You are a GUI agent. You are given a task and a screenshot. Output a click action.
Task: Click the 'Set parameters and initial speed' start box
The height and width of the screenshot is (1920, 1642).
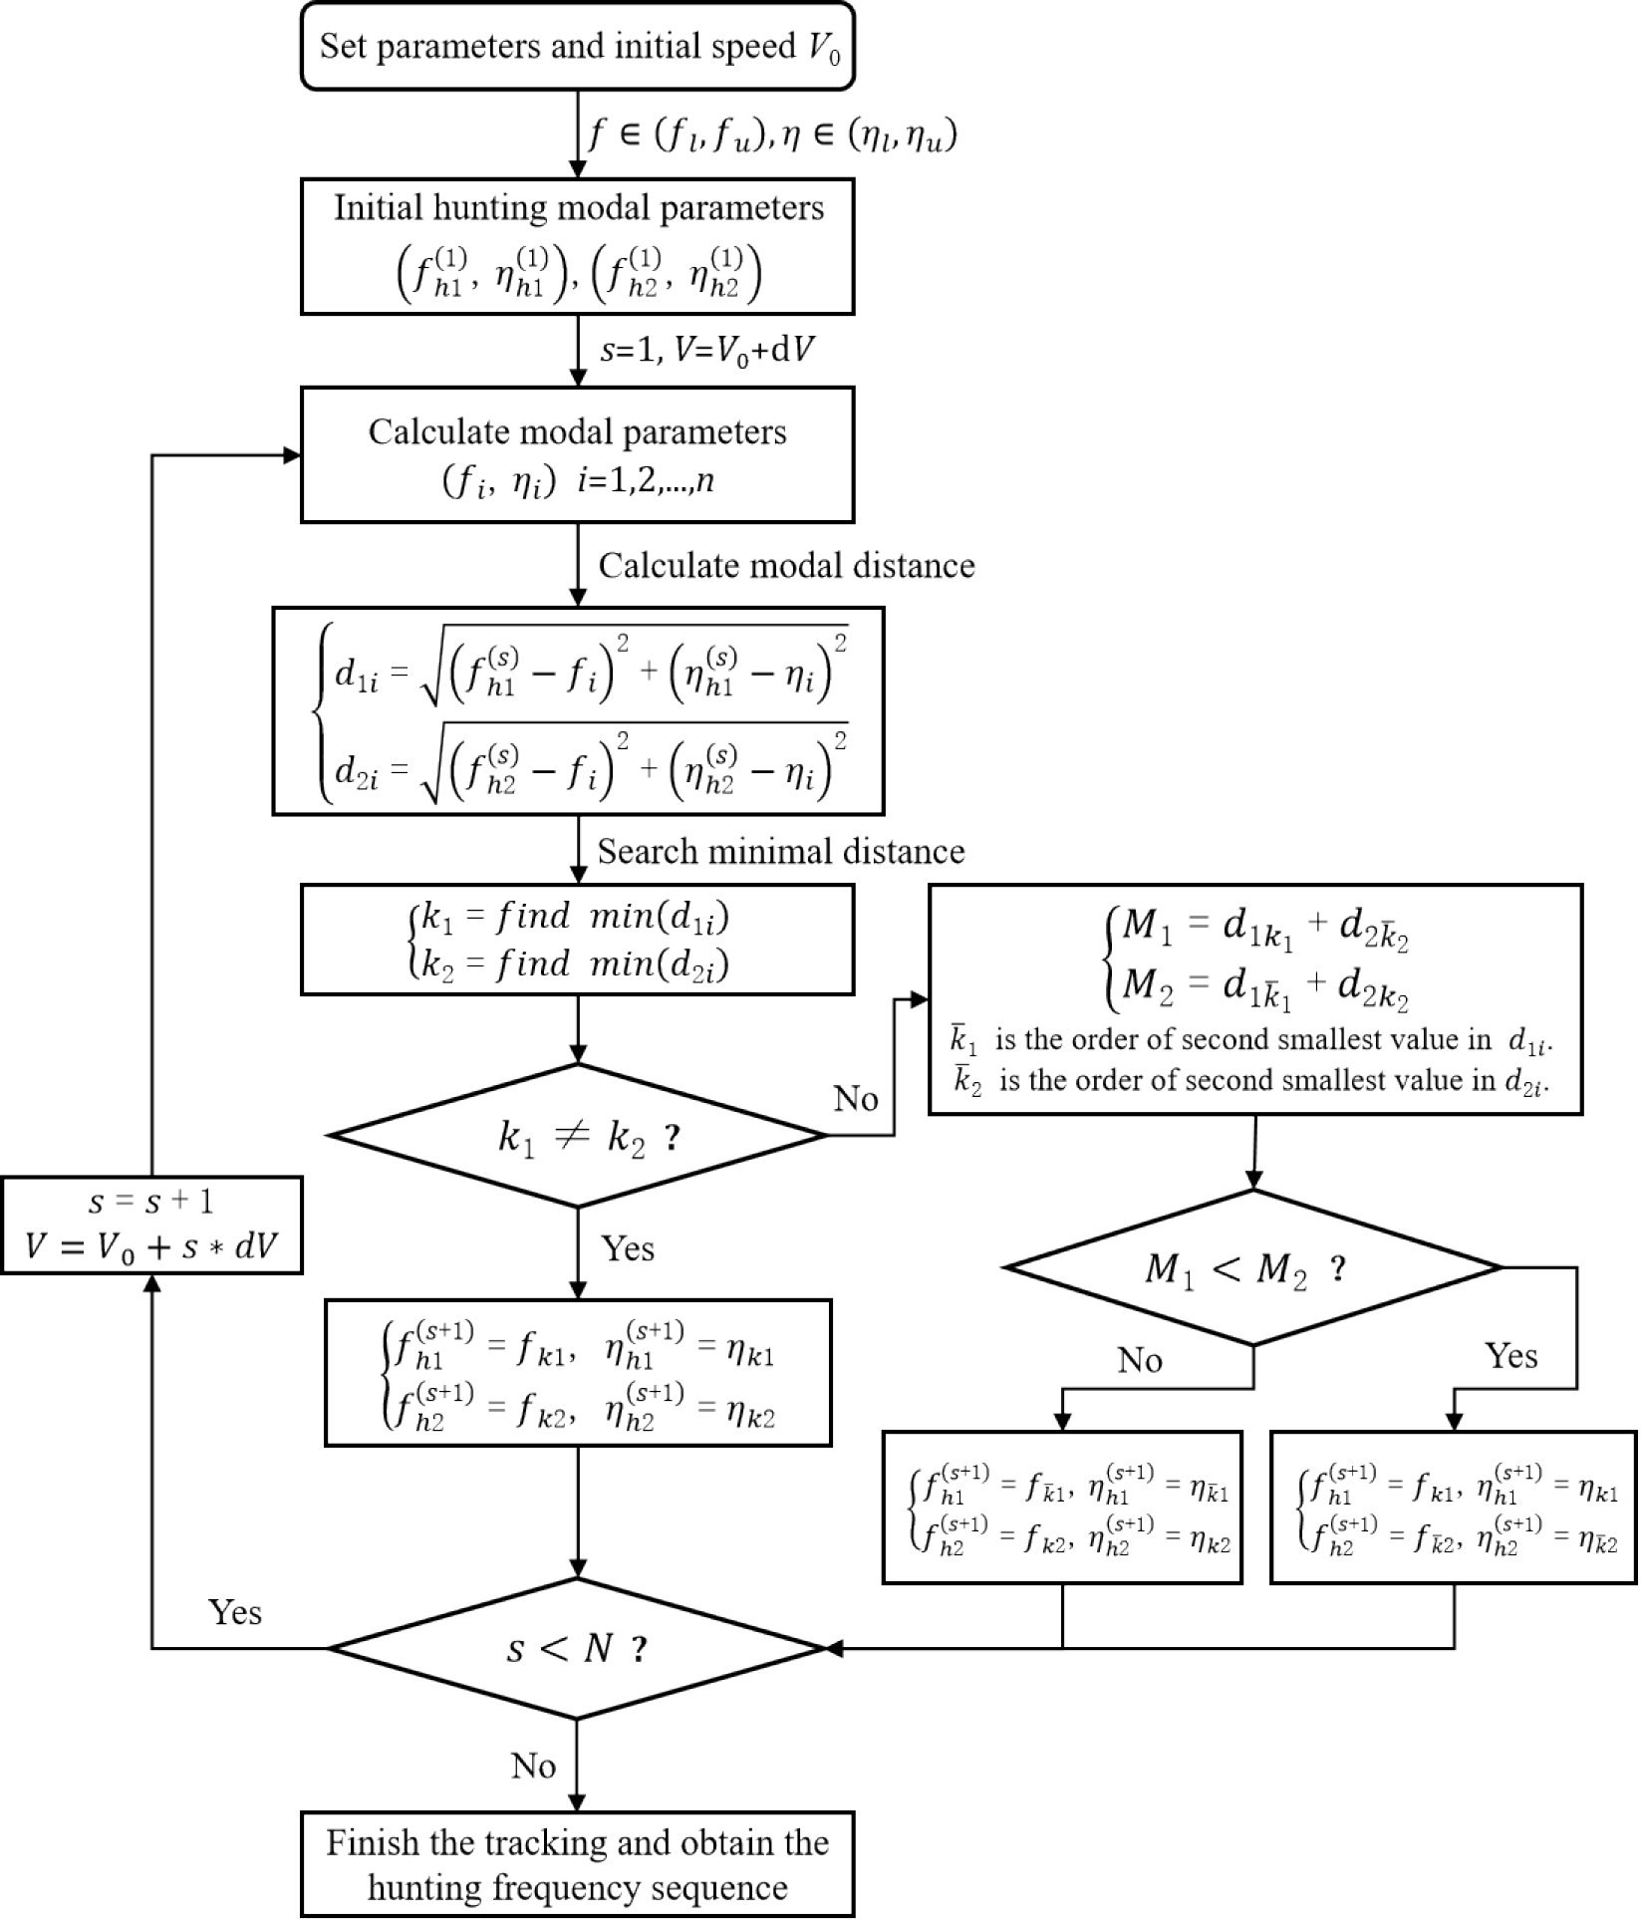pos(577,47)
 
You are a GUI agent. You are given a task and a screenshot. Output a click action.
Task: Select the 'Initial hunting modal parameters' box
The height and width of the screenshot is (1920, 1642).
pos(577,246)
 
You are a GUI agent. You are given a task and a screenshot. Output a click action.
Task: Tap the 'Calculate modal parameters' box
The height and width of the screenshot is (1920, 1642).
pos(577,454)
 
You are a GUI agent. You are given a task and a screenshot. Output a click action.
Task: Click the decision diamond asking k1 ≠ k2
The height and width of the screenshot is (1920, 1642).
pos(577,1135)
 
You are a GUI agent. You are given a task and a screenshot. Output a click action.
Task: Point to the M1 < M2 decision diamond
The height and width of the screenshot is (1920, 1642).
pos(1252,1267)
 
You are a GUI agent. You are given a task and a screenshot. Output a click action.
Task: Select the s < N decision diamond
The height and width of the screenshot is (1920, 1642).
pos(577,1649)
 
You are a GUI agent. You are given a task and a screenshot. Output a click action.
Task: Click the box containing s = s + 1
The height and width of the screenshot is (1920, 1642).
pos(151,1225)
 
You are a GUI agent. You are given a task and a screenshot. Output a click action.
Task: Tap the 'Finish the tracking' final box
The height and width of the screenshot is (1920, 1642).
pos(577,1864)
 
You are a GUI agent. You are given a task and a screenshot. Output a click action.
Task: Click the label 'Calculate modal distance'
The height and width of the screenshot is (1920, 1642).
pos(786,566)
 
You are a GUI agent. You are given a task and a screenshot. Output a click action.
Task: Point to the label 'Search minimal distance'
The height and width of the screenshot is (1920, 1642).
pos(781,852)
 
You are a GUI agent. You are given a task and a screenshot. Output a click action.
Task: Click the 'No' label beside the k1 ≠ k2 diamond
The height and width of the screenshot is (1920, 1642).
pos(855,1099)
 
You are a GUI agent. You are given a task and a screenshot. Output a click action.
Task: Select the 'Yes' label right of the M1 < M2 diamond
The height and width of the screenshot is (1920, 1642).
pos(1510,1356)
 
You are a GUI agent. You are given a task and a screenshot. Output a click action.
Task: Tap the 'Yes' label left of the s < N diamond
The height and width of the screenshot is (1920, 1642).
pos(235,1612)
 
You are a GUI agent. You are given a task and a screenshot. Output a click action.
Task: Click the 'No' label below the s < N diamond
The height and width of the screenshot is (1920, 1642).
pos(533,1767)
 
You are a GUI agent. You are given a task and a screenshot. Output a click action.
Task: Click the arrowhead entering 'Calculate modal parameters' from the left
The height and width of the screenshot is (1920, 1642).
pos(292,455)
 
